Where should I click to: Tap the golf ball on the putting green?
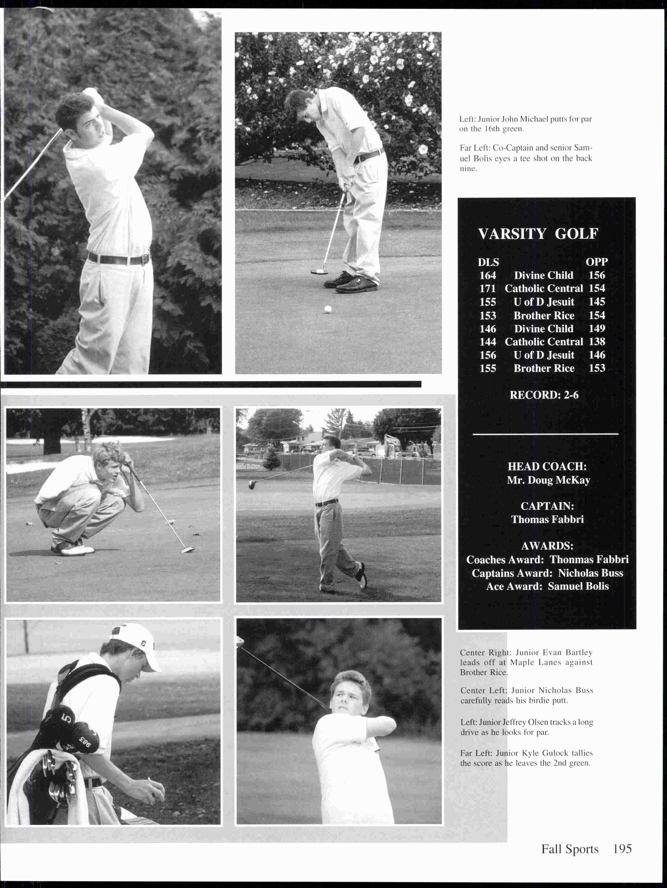328,309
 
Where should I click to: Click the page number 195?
622,849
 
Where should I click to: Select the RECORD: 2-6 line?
544,395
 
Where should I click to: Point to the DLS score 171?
487,289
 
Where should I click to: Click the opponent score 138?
596,342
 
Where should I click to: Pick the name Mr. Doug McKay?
548,480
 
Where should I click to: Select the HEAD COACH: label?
547,466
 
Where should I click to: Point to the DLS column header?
488,262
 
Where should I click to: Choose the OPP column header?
596,262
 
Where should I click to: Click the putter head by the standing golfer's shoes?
319,272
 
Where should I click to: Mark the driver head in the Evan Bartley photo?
252,485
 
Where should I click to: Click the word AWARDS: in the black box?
547,546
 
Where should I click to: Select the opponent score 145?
596,302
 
